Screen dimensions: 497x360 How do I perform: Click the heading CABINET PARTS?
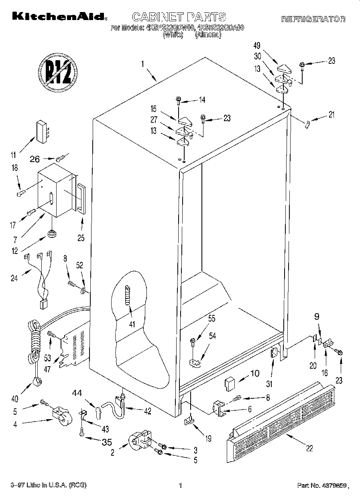tap(179, 17)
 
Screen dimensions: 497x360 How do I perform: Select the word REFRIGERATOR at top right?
tap(313, 19)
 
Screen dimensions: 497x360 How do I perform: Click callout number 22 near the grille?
tap(309, 448)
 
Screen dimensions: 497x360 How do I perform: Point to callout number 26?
tap(35, 159)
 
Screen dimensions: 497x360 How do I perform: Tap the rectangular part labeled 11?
tap(41, 131)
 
